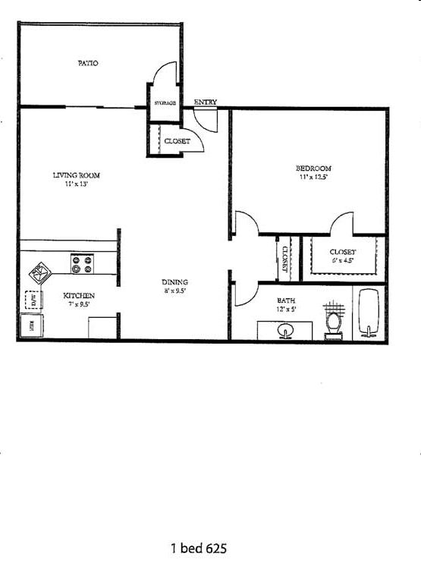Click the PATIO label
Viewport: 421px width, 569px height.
(x=88, y=63)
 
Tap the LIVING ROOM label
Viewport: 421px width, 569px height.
(x=76, y=175)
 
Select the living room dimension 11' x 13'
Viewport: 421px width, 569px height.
(x=76, y=184)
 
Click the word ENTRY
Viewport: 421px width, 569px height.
(x=205, y=102)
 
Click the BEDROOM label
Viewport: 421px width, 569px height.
(x=313, y=168)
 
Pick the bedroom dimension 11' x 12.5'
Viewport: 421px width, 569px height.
(x=313, y=177)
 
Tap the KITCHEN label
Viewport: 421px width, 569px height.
(x=78, y=295)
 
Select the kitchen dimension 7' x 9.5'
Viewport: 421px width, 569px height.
(x=78, y=303)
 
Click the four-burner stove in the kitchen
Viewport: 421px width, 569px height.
(x=82, y=264)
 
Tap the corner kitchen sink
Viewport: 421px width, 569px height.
(x=39, y=270)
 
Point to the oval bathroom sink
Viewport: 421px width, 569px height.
(x=286, y=331)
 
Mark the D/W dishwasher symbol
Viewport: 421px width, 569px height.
(x=33, y=300)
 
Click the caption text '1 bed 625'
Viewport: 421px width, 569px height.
(x=198, y=548)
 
